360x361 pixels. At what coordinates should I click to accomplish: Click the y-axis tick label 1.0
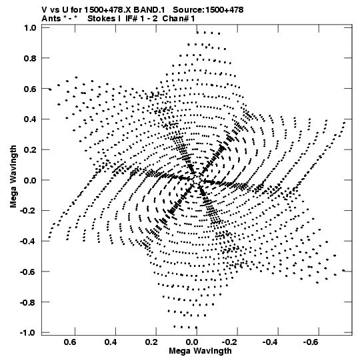pos(30,27)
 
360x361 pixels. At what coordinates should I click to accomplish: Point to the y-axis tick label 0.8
pos(30,58)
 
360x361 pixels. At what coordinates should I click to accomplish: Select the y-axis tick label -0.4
pos(28,242)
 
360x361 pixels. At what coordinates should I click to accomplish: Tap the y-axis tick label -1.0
pos(28,333)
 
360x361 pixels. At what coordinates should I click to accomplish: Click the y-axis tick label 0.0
pos(30,180)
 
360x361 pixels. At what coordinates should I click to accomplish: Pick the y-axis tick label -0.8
pos(28,302)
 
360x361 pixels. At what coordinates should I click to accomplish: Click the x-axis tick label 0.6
pos(70,342)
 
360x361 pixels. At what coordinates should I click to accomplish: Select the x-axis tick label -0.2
pos(231,342)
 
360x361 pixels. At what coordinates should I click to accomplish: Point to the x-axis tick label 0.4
pos(111,342)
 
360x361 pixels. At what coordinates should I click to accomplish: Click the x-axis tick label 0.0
pos(192,342)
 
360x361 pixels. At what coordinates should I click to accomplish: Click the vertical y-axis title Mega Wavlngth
pos(13,177)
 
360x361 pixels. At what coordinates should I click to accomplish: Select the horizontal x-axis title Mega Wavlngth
pos(200,351)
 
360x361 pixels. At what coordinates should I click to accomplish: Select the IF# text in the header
pos(131,19)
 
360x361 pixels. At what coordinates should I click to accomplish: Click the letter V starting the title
pos(44,10)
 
